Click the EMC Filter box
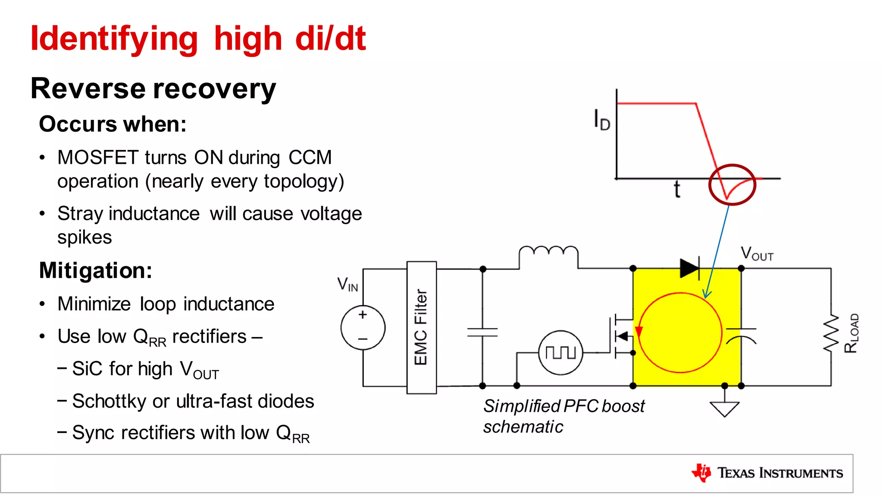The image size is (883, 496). (x=421, y=328)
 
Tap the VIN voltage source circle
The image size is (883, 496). (x=363, y=328)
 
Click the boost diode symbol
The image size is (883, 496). (x=689, y=268)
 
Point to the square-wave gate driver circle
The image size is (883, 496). (x=560, y=353)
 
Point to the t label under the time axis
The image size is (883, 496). (x=677, y=190)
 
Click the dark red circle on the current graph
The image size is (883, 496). (x=732, y=184)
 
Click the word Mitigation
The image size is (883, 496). (x=95, y=271)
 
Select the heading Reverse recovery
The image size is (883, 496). (x=153, y=89)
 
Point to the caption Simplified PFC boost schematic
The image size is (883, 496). (x=563, y=416)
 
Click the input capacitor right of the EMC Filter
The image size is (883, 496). (x=482, y=332)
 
